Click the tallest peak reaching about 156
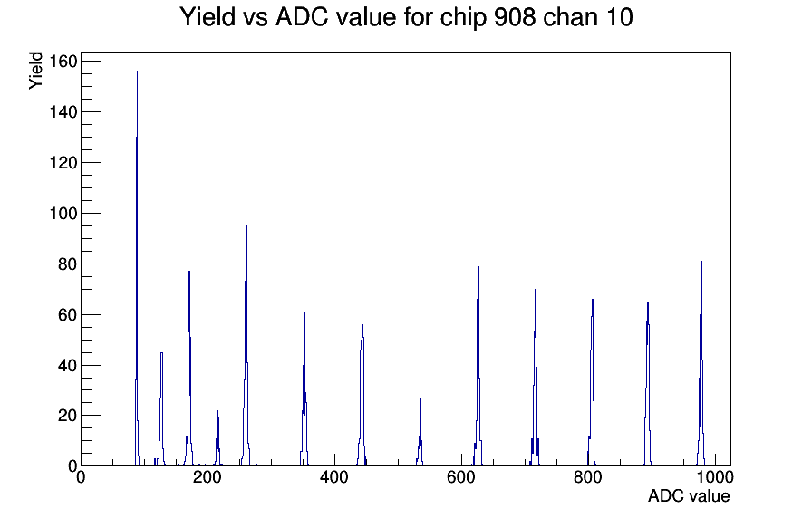click(x=137, y=269)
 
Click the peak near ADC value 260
click(x=246, y=347)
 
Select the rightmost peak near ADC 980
click(x=701, y=362)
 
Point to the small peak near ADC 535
click(x=420, y=432)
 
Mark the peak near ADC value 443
click(x=362, y=378)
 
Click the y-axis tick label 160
click(x=63, y=62)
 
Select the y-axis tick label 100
click(x=63, y=213)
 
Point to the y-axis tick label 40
click(x=67, y=365)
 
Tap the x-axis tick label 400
click(x=334, y=477)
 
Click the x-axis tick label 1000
click(x=715, y=477)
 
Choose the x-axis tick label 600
click(x=461, y=477)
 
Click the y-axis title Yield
click(x=35, y=71)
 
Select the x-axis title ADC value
click(x=689, y=496)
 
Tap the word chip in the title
click(x=463, y=18)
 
